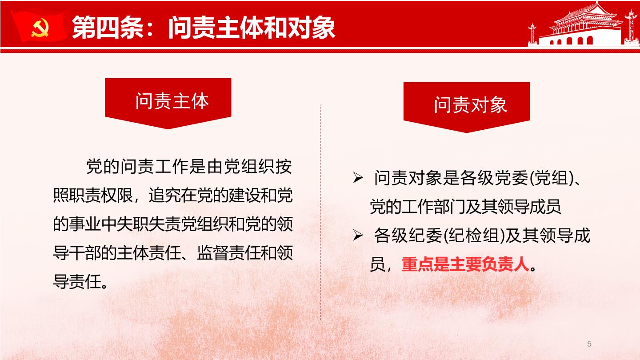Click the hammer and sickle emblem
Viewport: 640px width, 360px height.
(40, 28)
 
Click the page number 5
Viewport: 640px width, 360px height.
(589, 344)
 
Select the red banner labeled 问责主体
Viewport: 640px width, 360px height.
(168, 103)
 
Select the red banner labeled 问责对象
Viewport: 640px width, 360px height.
(467, 107)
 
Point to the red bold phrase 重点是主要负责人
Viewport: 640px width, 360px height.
(465, 264)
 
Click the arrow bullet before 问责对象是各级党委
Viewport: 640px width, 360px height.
(358, 177)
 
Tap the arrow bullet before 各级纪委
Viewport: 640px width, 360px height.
(358, 235)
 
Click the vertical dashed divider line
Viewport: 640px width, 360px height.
(320, 212)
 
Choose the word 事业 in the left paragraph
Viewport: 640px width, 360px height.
(85, 224)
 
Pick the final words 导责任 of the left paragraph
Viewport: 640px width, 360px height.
(77, 281)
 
